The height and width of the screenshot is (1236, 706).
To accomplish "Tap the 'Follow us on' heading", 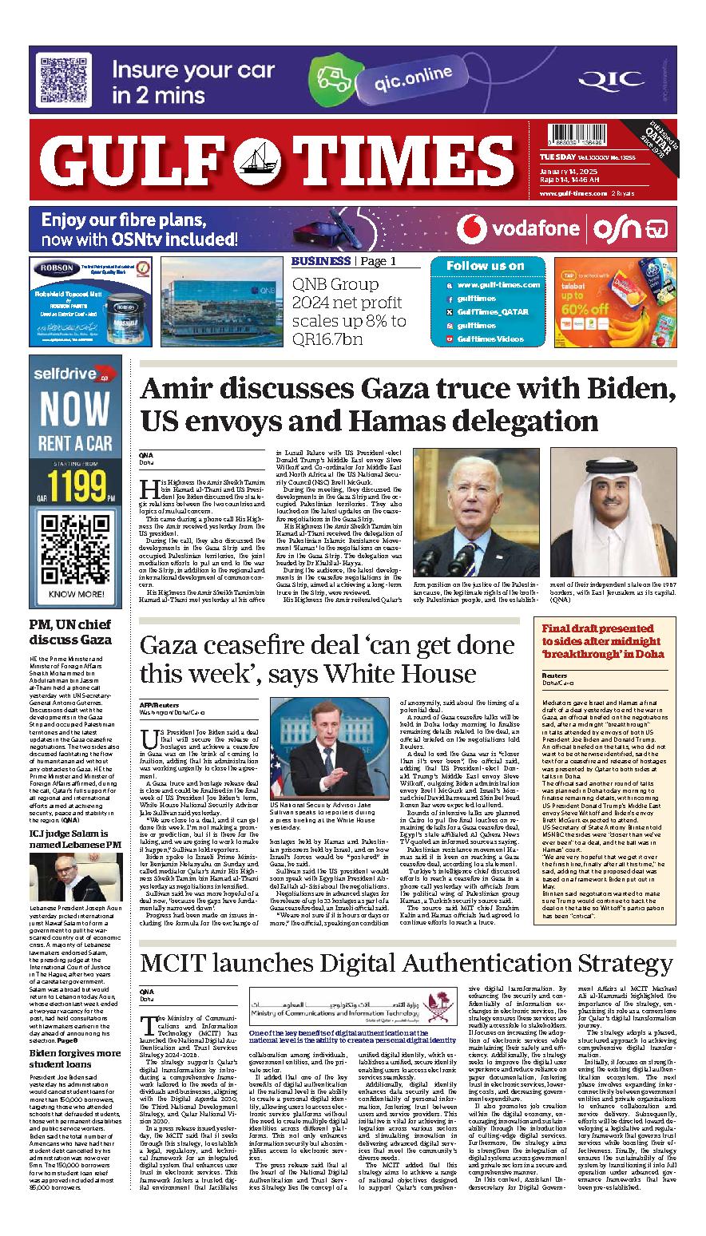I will point(485,266).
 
